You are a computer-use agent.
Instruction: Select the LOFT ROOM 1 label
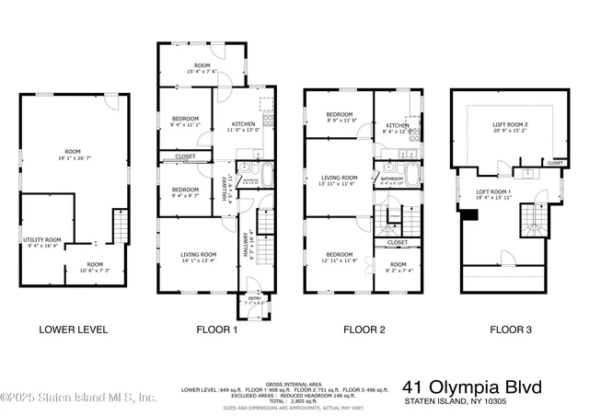(493, 192)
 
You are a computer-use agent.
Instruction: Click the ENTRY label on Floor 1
(254, 298)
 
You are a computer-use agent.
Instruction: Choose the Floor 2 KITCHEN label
(397, 125)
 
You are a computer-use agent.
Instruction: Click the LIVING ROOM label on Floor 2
(339, 178)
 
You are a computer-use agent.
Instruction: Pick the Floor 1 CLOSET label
(184, 157)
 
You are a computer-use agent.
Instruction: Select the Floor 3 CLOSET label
(555, 163)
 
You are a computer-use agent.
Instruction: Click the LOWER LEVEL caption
(73, 329)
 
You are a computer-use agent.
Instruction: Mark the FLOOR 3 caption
(512, 329)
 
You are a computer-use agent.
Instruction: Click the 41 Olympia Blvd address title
(472, 387)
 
